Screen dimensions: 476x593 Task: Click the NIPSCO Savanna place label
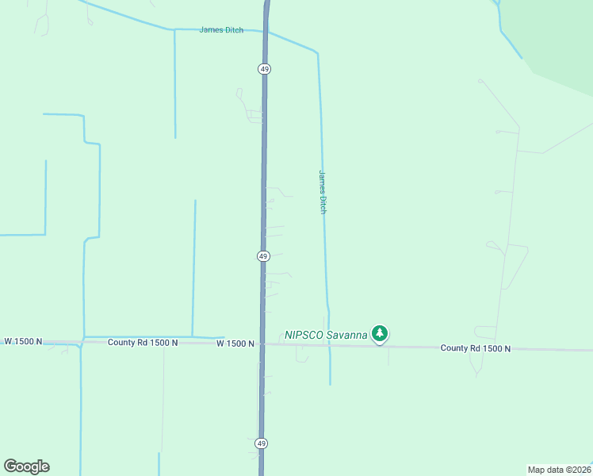coord(326,335)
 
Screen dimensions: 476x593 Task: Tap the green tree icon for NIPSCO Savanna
coord(381,333)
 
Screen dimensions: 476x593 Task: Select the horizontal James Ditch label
coord(221,30)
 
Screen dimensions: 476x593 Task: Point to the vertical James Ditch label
coord(323,191)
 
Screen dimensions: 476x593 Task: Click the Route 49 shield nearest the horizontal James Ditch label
coord(264,69)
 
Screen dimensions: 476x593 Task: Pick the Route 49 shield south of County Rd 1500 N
coord(262,443)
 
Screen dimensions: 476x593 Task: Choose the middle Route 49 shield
coord(263,256)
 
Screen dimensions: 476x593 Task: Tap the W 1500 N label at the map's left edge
coord(21,341)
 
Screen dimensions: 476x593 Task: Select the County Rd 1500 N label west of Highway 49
coord(143,342)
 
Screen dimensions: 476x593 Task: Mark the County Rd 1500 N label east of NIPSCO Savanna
coord(476,347)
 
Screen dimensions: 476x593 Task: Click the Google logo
coord(26,466)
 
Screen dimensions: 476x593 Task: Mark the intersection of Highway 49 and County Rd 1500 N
coord(263,344)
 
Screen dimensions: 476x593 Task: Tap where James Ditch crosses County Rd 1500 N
coord(330,345)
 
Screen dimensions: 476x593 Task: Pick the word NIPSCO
coord(304,335)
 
